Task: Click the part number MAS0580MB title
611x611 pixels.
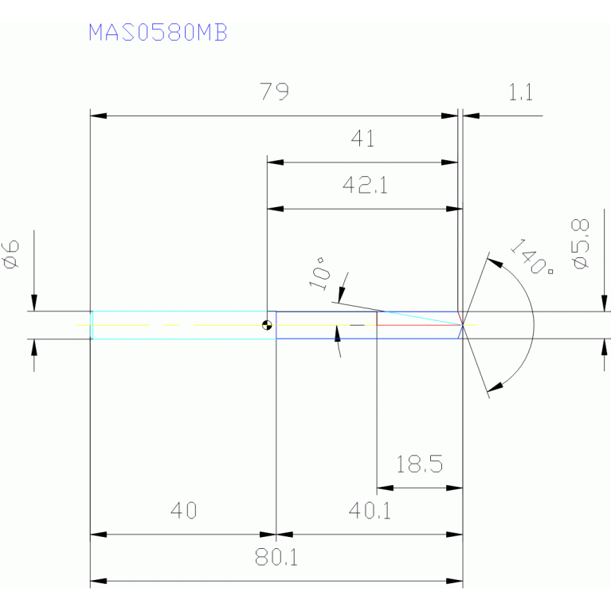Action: [x=158, y=33]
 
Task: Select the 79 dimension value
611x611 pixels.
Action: [x=274, y=92]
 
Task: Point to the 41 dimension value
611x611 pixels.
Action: [x=362, y=139]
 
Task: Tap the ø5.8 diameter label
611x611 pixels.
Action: [x=581, y=244]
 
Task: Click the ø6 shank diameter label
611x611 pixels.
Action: [x=12, y=254]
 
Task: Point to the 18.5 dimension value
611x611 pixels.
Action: [x=419, y=464]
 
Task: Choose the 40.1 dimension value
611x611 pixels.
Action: [x=370, y=511]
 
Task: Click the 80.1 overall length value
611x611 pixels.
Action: [x=276, y=558]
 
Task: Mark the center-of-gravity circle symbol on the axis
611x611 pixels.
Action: [x=268, y=325]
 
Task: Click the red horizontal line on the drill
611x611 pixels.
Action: [x=417, y=325]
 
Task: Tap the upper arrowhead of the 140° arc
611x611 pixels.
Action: [x=495, y=260]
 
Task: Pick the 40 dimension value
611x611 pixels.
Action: [x=183, y=511]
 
